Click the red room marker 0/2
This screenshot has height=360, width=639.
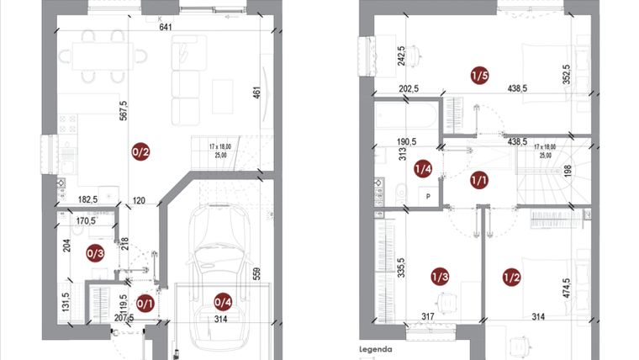pyautogui.click(x=140, y=152)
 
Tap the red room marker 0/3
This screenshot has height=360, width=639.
pyautogui.click(x=96, y=251)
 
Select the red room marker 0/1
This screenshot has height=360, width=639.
pyautogui.click(x=145, y=303)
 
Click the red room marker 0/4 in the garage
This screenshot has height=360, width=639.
pyautogui.click(x=223, y=302)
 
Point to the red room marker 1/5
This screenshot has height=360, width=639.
pyautogui.click(x=480, y=77)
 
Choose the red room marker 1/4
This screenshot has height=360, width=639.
pyautogui.click(x=424, y=169)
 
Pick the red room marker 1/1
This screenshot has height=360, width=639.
pyautogui.click(x=479, y=178)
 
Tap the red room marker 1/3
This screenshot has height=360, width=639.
pyautogui.click(x=440, y=277)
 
